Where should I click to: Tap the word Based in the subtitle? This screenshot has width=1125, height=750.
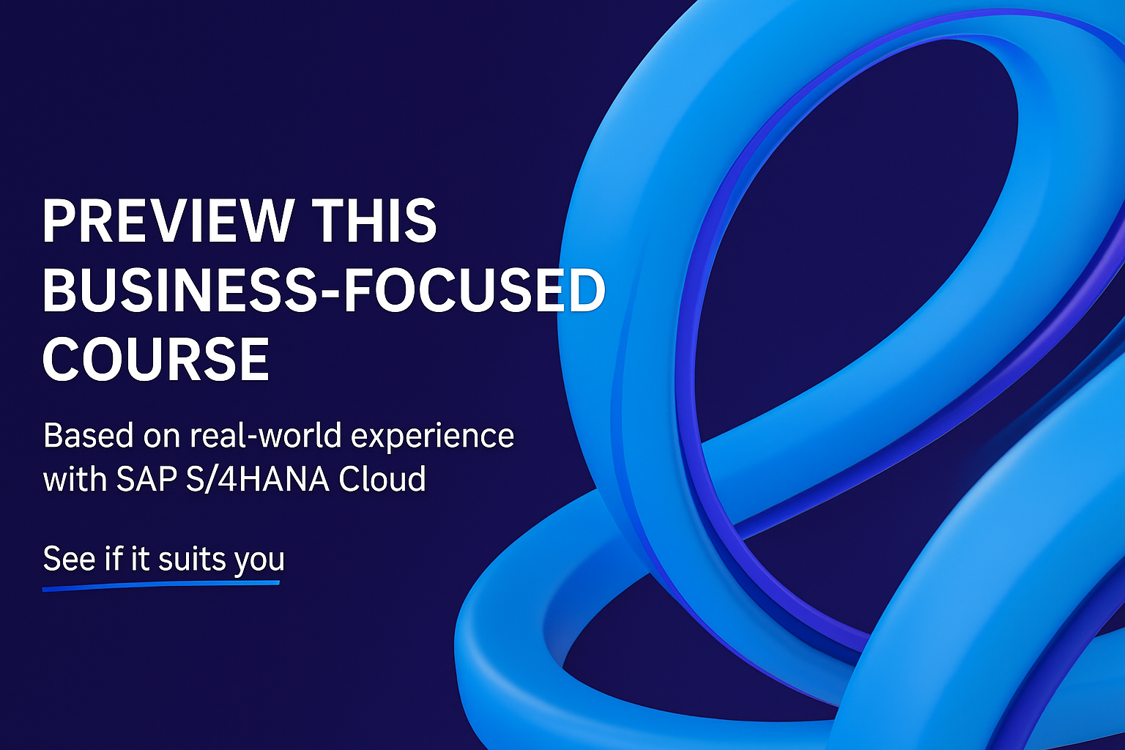(89, 435)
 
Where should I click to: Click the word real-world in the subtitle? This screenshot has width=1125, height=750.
(266, 435)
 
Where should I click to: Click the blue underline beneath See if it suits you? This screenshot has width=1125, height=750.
(161, 586)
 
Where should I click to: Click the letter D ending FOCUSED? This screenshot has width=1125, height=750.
(586, 291)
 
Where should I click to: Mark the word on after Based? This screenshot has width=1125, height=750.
(162, 438)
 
